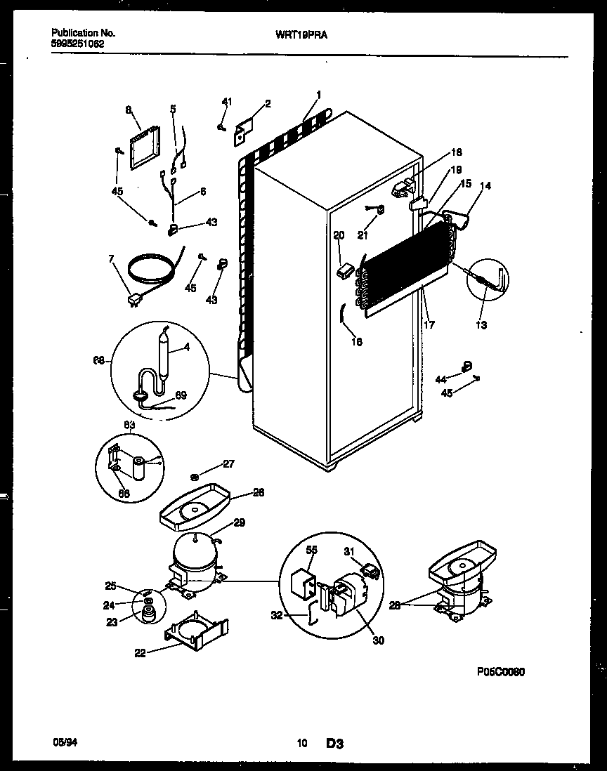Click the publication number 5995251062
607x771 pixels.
(x=79, y=43)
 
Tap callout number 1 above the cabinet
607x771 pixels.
(x=319, y=95)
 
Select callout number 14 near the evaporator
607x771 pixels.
(x=485, y=185)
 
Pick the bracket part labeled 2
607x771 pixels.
(x=243, y=131)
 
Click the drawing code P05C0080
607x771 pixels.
(x=500, y=671)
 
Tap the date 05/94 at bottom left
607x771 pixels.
(x=62, y=742)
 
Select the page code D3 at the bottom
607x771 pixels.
(x=334, y=742)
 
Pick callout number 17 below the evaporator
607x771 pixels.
(x=429, y=325)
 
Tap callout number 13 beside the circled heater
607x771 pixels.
(x=481, y=325)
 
